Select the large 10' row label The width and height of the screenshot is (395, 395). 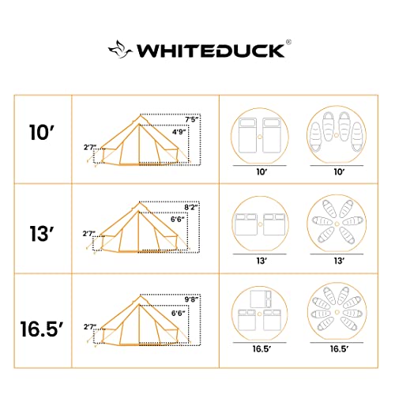point(42,130)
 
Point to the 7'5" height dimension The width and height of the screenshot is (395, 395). point(191,119)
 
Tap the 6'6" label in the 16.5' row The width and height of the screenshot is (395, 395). point(180,314)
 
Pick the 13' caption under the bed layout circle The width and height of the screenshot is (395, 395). point(260,259)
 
